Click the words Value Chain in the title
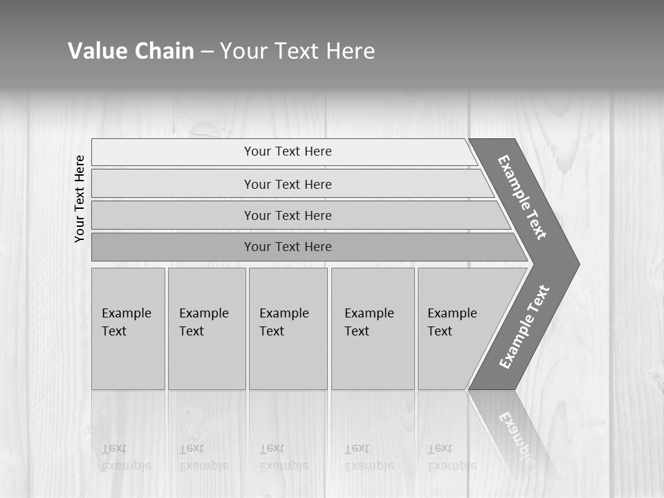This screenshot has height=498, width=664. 131,51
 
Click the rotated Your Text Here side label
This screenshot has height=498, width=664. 80,199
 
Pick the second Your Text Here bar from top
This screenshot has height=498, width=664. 288,184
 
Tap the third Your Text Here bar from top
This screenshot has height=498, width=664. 288,215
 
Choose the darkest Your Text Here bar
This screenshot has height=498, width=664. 288,247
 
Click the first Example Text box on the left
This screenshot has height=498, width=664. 128,329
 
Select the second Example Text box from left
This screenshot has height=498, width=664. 206,329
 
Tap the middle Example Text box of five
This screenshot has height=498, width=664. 288,329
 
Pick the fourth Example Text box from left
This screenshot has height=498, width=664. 372,329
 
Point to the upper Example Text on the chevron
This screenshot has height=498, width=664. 522,197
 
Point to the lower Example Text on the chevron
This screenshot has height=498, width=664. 524,327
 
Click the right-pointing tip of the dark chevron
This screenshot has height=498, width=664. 575,264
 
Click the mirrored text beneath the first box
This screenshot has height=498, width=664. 126,457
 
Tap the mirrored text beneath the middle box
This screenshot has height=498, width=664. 284,457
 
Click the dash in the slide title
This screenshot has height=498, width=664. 207,52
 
